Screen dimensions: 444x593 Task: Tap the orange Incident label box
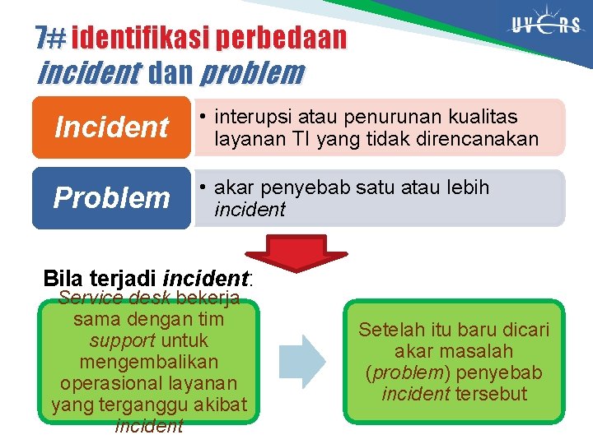(x=111, y=127)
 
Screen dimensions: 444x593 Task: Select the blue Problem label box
(x=111, y=197)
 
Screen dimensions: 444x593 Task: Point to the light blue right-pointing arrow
(x=303, y=363)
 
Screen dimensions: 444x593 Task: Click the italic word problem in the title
(x=251, y=73)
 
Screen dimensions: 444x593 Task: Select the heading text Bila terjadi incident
(x=148, y=279)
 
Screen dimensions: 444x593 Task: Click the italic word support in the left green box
(x=122, y=340)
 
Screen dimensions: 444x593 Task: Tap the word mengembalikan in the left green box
(x=149, y=362)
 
